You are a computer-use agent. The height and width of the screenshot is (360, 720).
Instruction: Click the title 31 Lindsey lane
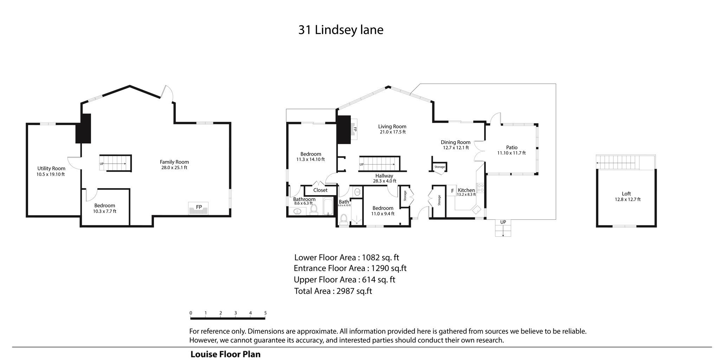point(341,30)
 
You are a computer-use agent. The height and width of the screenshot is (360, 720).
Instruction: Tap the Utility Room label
point(51,168)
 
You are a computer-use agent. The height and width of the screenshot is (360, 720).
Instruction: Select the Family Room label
point(174,162)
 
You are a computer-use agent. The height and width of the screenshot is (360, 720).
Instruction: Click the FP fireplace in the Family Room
point(199,208)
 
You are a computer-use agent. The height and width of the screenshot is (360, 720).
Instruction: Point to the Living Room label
point(392,127)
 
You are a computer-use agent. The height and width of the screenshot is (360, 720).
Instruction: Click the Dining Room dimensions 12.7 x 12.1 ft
point(456,148)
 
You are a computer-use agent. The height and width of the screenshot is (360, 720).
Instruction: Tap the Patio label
point(512,148)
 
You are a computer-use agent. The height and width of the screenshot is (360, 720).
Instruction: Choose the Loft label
point(626,194)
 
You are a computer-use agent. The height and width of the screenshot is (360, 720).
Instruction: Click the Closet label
point(320,190)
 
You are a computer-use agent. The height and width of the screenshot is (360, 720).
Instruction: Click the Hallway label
point(384,176)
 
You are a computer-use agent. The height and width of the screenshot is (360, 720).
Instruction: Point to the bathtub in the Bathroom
point(328,207)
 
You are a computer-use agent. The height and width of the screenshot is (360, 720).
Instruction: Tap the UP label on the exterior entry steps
point(503,222)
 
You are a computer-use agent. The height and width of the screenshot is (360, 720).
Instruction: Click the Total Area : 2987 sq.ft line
point(333,291)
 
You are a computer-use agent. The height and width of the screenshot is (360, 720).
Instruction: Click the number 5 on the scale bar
point(265,313)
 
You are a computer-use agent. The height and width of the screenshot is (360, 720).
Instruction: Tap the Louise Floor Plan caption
point(225,354)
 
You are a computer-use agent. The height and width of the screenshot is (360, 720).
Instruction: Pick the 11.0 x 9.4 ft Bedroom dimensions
point(383,214)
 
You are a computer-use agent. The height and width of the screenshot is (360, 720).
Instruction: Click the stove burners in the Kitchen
point(480,188)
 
